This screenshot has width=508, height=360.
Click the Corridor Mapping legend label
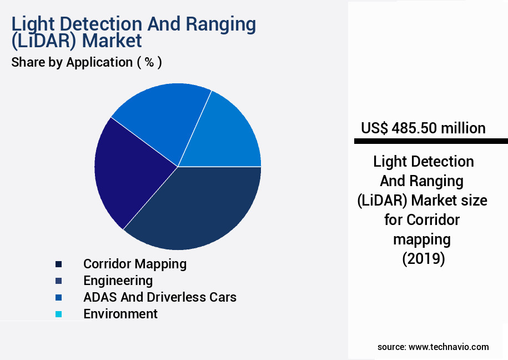(x=135, y=263)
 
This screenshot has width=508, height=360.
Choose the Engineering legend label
(x=118, y=280)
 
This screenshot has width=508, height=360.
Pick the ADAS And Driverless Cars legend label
(x=160, y=297)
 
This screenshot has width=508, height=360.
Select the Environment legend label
(x=120, y=313)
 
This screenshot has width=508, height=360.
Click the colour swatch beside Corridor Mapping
(x=58, y=264)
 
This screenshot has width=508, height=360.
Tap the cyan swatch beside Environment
(x=58, y=314)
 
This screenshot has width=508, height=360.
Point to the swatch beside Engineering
(x=58, y=281)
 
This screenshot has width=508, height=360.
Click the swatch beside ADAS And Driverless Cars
(x=58, y=297)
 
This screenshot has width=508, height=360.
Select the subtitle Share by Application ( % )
(x=87, y=62)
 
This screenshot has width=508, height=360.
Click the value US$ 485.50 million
(x=423, y=128)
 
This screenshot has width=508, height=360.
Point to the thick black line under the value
(x=431, y=142)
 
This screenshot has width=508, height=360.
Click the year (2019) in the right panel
(x=423, y=258)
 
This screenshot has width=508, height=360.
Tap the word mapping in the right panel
(x=422, y=239)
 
